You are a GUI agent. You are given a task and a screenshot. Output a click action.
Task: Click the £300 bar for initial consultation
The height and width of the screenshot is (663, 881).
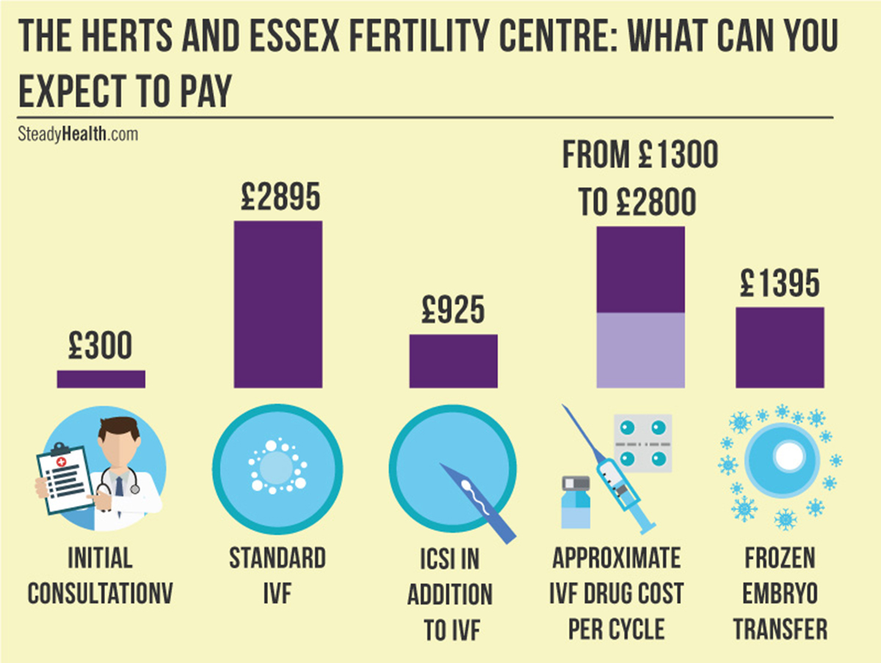(x=101, y=379)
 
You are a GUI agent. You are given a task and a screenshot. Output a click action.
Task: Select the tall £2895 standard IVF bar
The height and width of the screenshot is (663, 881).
(x=278, y=304)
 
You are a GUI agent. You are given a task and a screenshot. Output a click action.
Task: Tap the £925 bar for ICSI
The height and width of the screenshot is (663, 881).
(x=453, y=361)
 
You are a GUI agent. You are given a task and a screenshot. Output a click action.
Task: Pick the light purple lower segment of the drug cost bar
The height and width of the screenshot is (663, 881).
(x=640, y=350)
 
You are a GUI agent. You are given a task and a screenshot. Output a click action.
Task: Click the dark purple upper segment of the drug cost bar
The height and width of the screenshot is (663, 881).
(x=640, y=270)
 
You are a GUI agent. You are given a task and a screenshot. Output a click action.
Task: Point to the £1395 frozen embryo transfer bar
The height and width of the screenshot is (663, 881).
(x=780, y=347)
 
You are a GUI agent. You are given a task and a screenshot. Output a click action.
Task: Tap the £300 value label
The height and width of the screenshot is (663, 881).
(x=101, y=346)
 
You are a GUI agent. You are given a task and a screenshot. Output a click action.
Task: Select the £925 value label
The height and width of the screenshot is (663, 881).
(x=453, y=311)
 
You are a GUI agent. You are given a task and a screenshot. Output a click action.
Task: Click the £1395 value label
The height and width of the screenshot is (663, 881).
(x=780, y=283)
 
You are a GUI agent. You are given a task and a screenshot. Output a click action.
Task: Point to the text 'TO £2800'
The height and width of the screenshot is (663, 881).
(x=637, y=202)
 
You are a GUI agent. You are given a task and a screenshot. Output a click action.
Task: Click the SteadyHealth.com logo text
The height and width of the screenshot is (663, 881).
(x=77, y=135)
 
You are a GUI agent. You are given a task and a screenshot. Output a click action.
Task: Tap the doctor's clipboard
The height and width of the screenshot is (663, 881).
(x=65, y=477)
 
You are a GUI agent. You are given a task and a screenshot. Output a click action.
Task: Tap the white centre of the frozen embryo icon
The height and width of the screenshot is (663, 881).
(x=789, y=457)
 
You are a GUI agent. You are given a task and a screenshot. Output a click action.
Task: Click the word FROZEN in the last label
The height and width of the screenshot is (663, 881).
(x=780, y=558)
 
